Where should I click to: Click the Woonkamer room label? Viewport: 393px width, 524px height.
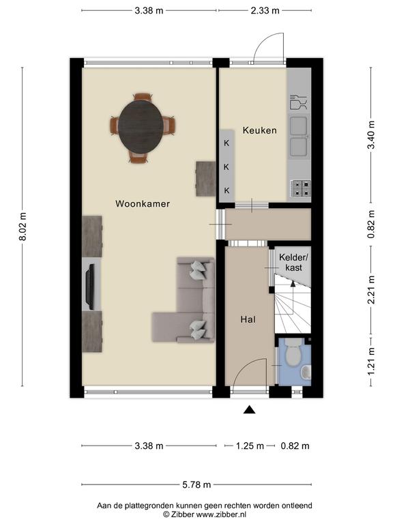143,203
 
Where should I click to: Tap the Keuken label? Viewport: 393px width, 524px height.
260,130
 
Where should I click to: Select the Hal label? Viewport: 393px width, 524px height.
248,319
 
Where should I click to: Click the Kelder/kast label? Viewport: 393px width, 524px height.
294,262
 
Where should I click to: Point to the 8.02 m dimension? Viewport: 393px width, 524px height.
23,227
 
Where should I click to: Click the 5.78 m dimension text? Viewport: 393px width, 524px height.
196,484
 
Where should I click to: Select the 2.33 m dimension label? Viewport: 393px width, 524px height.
265,11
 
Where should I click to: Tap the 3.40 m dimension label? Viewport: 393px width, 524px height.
371,135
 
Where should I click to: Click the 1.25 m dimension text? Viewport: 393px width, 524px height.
250,446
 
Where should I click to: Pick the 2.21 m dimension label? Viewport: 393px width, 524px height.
371,290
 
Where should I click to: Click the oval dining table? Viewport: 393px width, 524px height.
141,127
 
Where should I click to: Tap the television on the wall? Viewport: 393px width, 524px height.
90,287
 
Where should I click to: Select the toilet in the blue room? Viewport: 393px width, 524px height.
293,353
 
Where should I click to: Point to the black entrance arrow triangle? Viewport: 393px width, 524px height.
249,409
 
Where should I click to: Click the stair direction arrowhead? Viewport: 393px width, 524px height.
293,283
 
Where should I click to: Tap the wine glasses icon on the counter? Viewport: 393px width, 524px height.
298,102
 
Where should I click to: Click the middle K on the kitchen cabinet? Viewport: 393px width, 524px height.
227,166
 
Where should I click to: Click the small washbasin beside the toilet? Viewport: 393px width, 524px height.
306,372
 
